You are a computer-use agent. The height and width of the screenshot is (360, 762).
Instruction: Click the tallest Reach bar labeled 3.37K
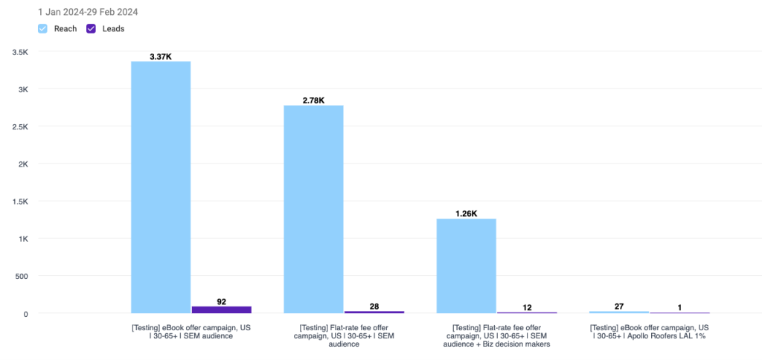(x=161, y=186)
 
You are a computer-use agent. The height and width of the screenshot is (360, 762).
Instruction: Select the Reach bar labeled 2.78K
(x=313, y=208)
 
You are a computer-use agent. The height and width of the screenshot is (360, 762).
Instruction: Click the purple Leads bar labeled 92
(x=221, y=309)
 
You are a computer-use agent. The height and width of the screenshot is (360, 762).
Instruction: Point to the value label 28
(x=374, y=306)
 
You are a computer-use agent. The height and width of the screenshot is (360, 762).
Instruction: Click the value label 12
(x=527, y=308)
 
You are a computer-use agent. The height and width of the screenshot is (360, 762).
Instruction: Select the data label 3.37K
(x=161, y=56)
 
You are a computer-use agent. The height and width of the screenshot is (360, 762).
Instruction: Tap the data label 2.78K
(x=313, y=100)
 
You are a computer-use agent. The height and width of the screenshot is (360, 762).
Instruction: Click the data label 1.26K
(x=466, y=214)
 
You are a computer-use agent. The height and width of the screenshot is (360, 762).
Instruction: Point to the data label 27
(x=618, y=306)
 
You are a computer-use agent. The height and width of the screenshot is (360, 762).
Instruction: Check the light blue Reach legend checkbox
(x=43, y=28)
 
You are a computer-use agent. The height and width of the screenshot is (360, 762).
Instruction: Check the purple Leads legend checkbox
(x=92, y=28)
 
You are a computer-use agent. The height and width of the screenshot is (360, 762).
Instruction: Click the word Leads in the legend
(x=113, y=28)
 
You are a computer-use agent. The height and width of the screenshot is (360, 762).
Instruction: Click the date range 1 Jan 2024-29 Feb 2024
(x=88, y=12)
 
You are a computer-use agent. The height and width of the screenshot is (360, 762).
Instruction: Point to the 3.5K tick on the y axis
(x=19, y=52)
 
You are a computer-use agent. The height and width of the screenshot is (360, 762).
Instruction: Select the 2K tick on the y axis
(x=22, y=164)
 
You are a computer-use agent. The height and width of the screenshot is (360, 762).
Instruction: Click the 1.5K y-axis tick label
(x=19, y=202)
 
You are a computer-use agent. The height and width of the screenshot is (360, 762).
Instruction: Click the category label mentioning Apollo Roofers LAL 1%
(x=649, y=332)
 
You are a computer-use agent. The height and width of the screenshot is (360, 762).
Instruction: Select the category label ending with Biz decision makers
(x=496, y=335)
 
